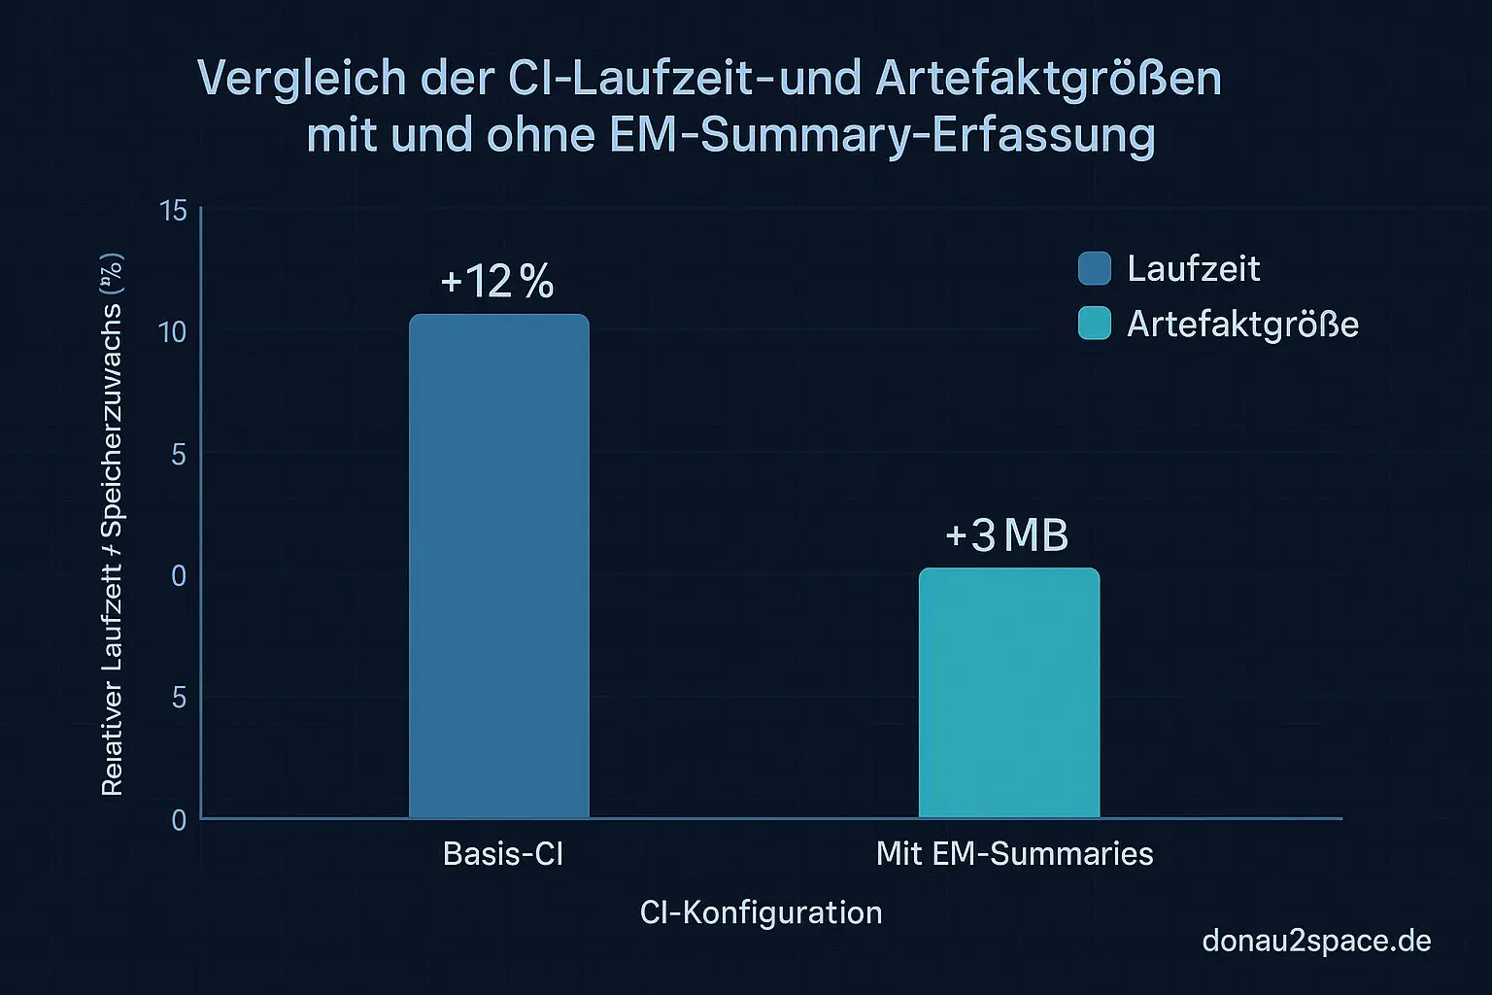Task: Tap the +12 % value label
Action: pos(497,282)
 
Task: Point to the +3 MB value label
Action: pos(1006,535)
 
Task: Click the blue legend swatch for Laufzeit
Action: pos(1094,268)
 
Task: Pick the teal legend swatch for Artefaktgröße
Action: pos(1094,324)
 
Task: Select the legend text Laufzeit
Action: pos(1193,268)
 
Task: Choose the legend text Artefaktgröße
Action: pos(1242,324)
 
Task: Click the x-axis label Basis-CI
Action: pos(502,853)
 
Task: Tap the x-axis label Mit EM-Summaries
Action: pos(1014,853)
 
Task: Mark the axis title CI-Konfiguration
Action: pos(761,912)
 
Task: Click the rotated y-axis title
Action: pos(113,525)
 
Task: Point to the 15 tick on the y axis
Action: pos(173,211)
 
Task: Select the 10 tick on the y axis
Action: pos(172,332)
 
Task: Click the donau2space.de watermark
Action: pos(1316,941)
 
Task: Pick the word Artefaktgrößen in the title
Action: pos(1048,79)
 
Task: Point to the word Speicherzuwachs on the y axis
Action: pos(113,420)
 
